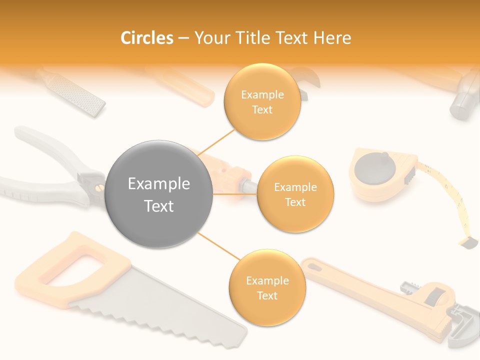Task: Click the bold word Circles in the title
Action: click(x=147, y=38)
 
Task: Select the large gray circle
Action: click(x=159, y=194)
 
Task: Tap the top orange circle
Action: click(x=262, y=102)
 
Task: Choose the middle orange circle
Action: click(x=295, y=194)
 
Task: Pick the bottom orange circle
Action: click(x=267, y=288)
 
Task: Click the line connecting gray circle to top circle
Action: click(x=216, y=141)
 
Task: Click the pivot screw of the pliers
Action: click(x=98, y=187)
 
